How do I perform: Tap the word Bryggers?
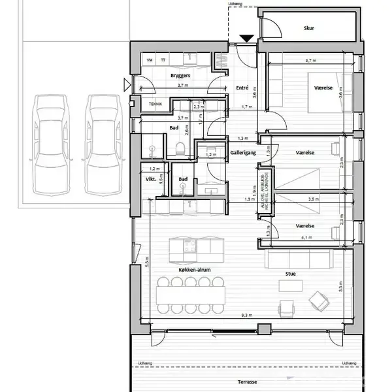coord(180,76)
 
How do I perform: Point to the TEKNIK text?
coord(155,104)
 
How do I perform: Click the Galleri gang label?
coord(242,152)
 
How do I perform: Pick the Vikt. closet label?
coord(151,178)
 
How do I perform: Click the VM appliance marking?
coord(150,60)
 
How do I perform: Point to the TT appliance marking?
coord(163,60)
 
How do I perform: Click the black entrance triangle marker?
coord(247,39)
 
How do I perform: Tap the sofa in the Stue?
coord(297,260)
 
